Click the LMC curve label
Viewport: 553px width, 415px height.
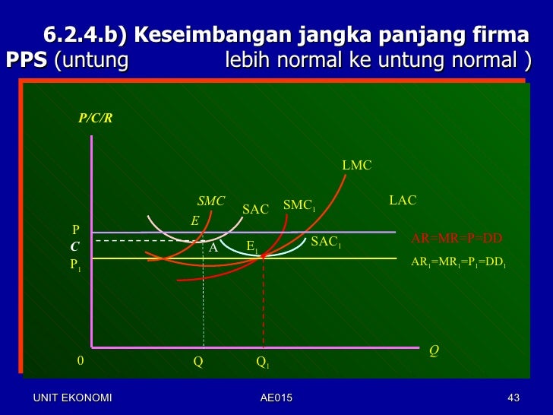click(x=356, y=165)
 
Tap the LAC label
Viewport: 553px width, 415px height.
click(x=403, y=200)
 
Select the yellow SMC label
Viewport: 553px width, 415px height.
click(x=211, y=201)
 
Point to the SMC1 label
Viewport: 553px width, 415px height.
click(x=299, y=205)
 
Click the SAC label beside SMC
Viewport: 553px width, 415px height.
click(x=255, y=209)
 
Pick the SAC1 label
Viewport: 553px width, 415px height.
click(x=327, y=242)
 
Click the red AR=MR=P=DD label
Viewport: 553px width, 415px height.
click(x=457, y=238)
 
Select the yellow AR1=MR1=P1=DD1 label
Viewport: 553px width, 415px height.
click(x=458, y=261)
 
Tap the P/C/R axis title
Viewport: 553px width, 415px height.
click(x=96, y=119)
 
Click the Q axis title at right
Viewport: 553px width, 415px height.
click(x=434, y=350)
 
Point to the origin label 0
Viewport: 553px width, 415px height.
click(x=81, y=361)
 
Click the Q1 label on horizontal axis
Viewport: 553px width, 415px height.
click(x=262, y=363)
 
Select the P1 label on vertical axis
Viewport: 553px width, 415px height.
click(x=76, y=265)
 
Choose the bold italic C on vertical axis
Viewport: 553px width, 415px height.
click(x=74, y=247)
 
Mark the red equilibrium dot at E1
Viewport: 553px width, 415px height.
click(x=263, y=256)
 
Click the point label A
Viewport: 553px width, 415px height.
click(x=213, y=248)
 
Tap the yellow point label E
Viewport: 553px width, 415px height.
click(x=194, y=221)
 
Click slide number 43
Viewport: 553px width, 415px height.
click(x=513, y=398)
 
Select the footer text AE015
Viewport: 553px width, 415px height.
click(x=276, y=398)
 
